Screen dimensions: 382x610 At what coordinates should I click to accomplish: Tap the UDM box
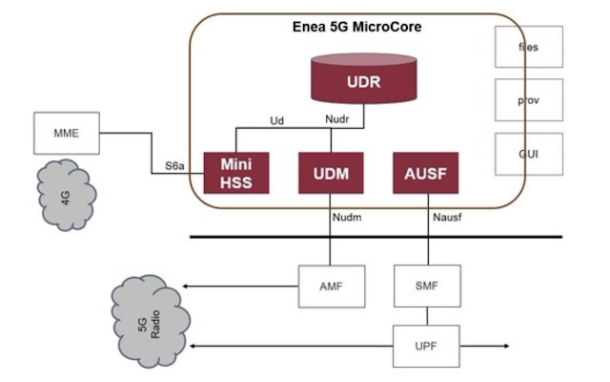[328, 173]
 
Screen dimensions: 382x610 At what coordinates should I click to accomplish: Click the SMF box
[428, 285]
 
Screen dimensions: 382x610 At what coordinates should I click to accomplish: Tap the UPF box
[428, 345]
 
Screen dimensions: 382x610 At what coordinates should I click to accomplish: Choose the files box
[529, 47]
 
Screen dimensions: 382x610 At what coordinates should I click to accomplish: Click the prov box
[529, 100]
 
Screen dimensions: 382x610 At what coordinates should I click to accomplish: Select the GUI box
[529, 153]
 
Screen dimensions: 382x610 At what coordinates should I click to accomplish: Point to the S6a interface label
[173, 166]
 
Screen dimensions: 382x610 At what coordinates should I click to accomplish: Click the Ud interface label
[277, 121]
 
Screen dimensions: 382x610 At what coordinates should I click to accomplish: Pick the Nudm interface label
[347, 218]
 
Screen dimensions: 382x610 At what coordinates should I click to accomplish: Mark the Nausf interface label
[446, 218]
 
